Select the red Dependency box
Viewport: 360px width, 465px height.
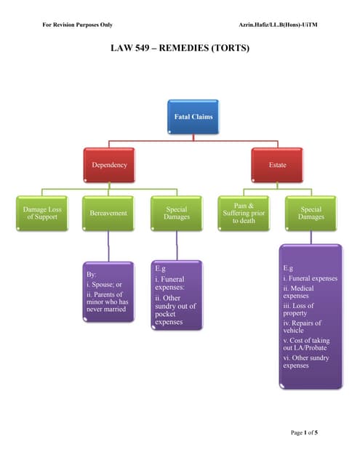click(x=108, y=165)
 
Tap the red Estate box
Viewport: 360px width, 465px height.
click(x=277, y=165)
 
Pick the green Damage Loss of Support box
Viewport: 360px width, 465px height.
click(x=43, y=213)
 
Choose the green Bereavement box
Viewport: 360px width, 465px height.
click(x=108, y=214)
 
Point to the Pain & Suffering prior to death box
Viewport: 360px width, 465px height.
click(x=244, y=214)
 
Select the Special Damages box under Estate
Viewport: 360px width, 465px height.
click(x=311, y=213)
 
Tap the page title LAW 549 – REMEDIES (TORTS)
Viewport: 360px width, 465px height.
click(x=180, y=49)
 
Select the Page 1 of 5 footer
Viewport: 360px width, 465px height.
click(x=304, y=432)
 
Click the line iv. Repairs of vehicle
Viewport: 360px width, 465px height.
click(x=302, y=327)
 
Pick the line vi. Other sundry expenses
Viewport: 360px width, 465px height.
click(x=305, y=361)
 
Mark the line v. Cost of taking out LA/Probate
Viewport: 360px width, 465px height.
click(x=305, y=344)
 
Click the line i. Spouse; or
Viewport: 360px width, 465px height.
click(x=103, y=284)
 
